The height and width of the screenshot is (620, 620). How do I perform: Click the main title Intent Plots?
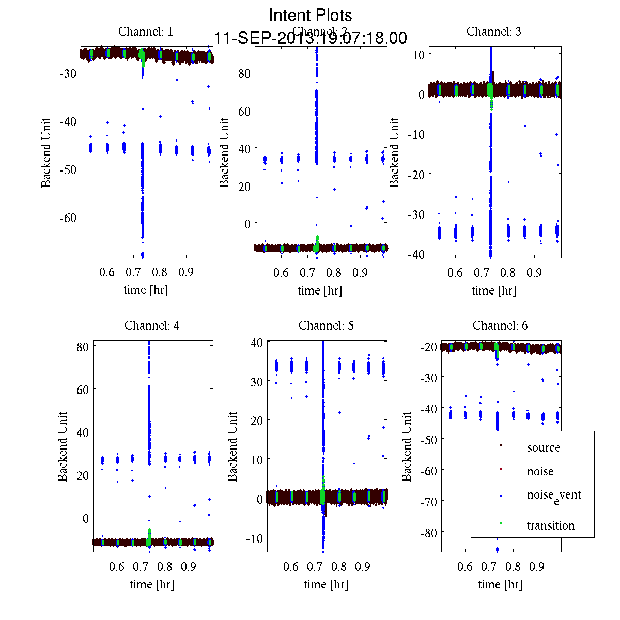(311, 15)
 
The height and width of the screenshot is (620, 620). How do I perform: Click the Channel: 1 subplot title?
(146, 32)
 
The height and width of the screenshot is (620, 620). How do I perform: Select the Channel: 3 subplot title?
(493, 32)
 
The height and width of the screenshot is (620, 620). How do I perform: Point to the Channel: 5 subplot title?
(326, 326)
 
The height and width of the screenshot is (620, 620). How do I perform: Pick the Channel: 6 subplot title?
(500, 326)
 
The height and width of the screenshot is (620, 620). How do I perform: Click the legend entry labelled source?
(543, 447)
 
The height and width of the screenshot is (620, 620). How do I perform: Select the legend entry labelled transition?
(550, 525)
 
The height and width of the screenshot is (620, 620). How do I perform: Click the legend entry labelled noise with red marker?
(540, 471)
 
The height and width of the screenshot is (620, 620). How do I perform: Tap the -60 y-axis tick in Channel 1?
(68, 218)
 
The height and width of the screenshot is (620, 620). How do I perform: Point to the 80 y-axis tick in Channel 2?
(244, 73)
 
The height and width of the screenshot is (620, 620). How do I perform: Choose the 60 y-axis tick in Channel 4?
(82, 389)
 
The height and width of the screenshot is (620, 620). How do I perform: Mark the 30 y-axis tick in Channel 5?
(257, 381)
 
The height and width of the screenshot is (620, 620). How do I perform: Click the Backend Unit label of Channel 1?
(46, 153)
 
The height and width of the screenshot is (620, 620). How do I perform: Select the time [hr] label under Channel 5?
(326, 584)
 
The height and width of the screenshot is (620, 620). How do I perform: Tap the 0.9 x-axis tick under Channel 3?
(534, 272)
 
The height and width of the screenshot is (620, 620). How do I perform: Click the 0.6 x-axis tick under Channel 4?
(117, 567)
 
